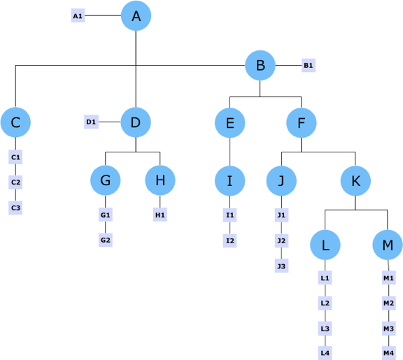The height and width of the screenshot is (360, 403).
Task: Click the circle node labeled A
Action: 136,15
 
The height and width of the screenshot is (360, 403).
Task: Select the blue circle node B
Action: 260,65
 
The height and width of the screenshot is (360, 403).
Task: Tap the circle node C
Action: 15,122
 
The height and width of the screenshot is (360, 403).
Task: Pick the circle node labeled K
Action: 355,181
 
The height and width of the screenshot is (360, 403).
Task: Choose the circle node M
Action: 388,245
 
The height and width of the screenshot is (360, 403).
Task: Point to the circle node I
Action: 229,181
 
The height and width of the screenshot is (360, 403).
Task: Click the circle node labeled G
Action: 106,180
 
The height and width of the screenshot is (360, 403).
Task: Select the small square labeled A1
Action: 78,15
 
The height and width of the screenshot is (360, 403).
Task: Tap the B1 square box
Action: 309,65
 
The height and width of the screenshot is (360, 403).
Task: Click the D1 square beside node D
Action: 91,122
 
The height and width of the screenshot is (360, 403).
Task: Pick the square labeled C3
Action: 15,208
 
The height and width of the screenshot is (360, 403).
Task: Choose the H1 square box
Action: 160,215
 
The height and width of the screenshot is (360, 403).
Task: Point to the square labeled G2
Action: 106,240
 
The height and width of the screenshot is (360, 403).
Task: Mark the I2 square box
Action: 229,240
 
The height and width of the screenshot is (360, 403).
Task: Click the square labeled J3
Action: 281,266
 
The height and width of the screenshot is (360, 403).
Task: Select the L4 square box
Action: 325,353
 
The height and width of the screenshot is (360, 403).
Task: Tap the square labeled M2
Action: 388,303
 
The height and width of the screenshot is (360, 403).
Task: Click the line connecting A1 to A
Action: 103,15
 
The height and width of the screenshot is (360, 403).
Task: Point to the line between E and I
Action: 229,152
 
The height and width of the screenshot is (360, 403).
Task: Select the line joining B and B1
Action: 288,65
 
